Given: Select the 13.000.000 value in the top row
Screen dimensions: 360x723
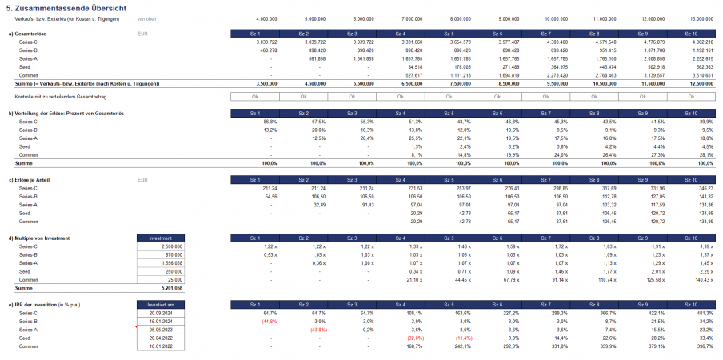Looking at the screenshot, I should click(x=701, y=18).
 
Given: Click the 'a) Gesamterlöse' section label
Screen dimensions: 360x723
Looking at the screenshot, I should click(x=27, y=34).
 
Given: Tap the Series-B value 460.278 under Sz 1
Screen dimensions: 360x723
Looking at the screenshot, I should click(x=266, y=50).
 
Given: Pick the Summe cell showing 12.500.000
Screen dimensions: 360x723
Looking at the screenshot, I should click(x=701, y=83).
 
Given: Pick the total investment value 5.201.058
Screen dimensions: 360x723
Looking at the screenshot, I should click(x=170, y=287).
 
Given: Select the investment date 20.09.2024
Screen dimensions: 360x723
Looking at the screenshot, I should click(x=162, y=313).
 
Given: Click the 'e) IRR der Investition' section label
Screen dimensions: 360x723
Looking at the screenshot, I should click(x=53, y=305).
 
